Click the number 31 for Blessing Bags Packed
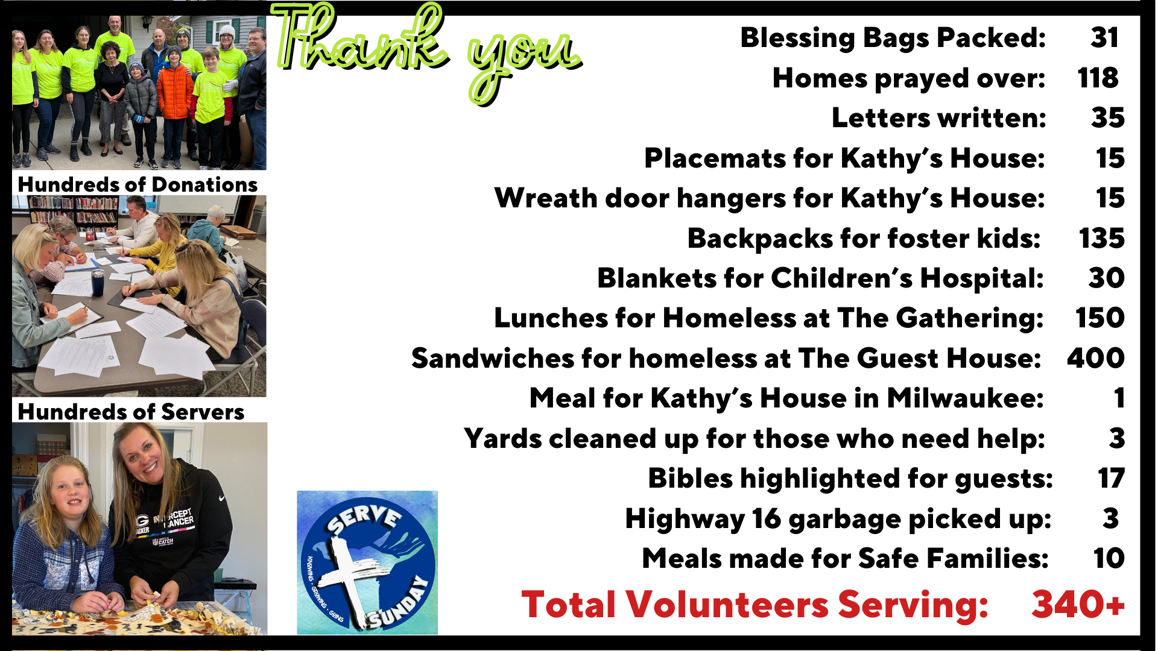click(1104, 37)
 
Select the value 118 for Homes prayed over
click(1098, 78)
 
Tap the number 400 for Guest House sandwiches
click(1095, 358)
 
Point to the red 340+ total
click(1078, 604)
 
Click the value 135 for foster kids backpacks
click(1101, 238)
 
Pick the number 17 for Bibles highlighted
click(1111, 478)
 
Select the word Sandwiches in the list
click(493, 358)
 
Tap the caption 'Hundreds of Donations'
click(138, 184)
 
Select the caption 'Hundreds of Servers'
click(131, 412)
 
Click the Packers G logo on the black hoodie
click(142, 520)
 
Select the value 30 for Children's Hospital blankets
click(1106, 278)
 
